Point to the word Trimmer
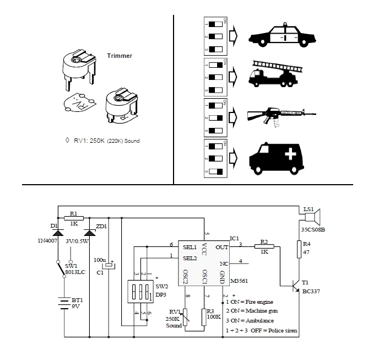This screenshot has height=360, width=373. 119,56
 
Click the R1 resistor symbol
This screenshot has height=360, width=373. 75,217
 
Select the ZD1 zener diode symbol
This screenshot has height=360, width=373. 89,234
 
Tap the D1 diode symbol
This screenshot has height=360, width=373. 58,234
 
